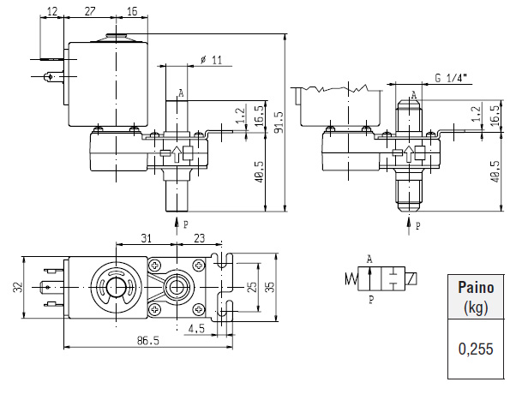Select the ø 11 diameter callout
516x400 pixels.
pyautogui.click(x=211, y=59)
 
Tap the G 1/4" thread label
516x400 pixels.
pyautogui.click(x=450, y=78)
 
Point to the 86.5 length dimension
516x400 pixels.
pyautogui.click(x=148, y=340)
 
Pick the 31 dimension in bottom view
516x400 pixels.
pyautogui.click(x=146, y=238)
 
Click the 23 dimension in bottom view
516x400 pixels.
pyautogui.click(x=199, y=238)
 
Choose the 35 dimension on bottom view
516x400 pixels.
pyautogui.click(x=270, y=288)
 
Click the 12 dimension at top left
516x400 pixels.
pyautogui.click(x=52, y=11)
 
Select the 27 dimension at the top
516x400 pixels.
pyautogui.click(x=90, y=11)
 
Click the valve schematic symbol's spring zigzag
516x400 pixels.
pyautogui.click(x=351, y=278)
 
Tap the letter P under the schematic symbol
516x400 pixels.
pyautogui.click(x=371, y=300)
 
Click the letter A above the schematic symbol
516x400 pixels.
pyautogui.click(x=370, y=258)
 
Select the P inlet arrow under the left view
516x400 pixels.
pyautogui.click(x=177, y=224)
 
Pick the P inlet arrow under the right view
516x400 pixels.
pyautogui.click(x=408, y=225)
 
